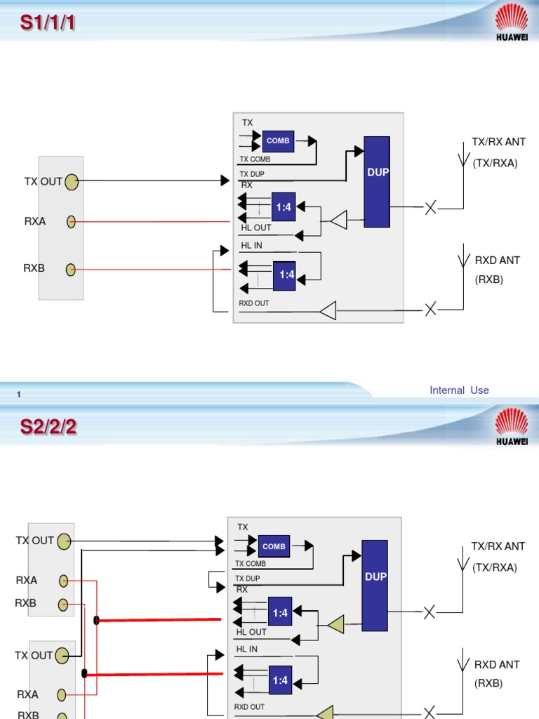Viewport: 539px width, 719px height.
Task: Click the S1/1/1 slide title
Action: click(48, 22)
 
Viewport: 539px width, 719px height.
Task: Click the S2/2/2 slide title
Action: click(48, 427)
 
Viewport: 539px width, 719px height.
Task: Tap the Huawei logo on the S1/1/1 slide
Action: click(512, 22)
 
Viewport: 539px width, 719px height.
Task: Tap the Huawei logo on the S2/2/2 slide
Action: click(512, 426)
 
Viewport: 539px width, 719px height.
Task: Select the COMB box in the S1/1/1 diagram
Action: click(278, 141)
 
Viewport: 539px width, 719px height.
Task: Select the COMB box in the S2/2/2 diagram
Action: click(274, 546)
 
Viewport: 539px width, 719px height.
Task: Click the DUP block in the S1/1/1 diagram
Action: click(377, 182)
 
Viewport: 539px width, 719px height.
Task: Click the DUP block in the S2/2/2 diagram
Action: click(375, 586)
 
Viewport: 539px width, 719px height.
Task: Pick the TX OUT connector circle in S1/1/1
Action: click(72, 182)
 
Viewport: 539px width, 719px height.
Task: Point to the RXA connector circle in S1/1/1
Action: click(71, 222)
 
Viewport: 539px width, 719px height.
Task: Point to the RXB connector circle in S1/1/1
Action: click(71, 270)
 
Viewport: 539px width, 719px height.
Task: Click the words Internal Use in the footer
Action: click(459, 390)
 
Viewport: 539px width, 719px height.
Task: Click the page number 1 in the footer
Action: click(19, 395)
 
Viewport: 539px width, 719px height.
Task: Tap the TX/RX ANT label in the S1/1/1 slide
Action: click(499, 142)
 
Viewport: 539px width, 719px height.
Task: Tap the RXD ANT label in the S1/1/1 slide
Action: click(498, 260)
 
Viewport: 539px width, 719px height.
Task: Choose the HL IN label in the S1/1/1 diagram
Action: click(252, 245)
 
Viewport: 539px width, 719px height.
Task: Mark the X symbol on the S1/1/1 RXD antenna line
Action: click(430, 309)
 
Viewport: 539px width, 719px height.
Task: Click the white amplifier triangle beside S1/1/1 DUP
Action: click(339, 220)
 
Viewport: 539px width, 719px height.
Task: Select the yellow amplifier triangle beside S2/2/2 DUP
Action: click(336, 624)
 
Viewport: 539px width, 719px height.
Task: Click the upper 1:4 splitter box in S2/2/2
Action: click(280, 612)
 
